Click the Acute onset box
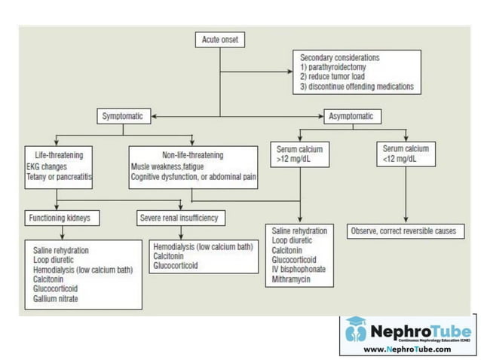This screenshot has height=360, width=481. pos(220,40)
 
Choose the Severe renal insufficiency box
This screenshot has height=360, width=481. pos(179,218)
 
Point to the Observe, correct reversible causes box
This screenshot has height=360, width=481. pos(403,230)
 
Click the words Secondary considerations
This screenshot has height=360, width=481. pos(339,58)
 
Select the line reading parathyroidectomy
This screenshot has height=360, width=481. pos(336,67)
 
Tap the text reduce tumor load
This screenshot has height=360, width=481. pos(339,77)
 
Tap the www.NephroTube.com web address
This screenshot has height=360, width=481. pos(408,349)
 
